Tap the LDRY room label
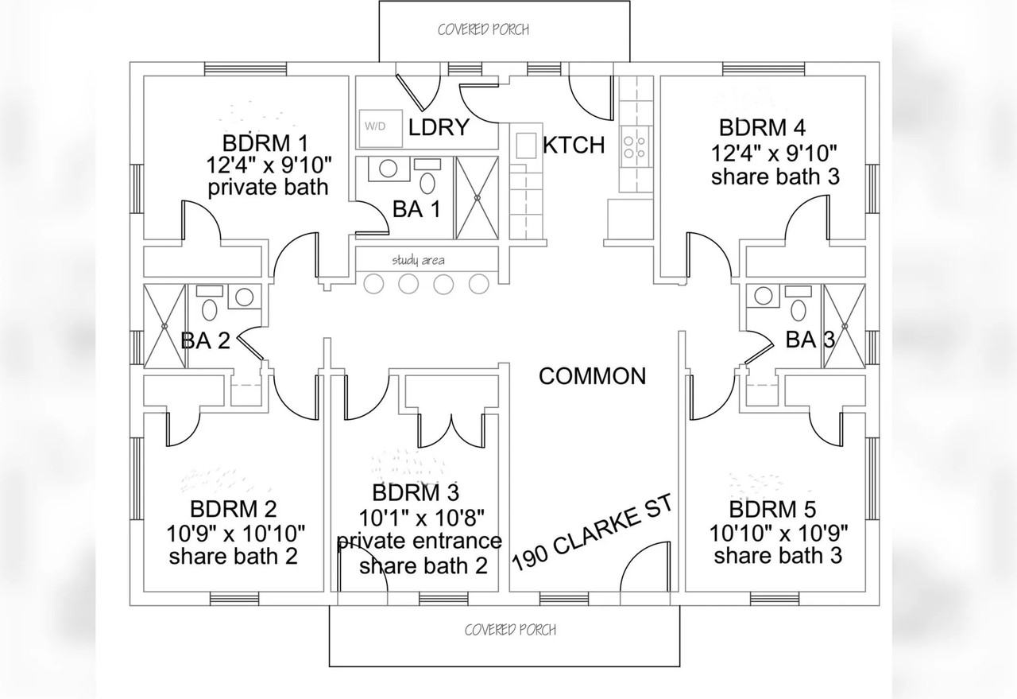pos(439,127)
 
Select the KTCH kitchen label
pos(574,146)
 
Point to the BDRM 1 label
pos(265,145)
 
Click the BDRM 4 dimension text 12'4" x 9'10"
pos(775,152)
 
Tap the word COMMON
pos(592,376)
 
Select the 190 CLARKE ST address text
pos(592,533)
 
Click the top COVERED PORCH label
pos(483,30)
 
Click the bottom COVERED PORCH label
pos(510,630)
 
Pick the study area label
pos(418,260)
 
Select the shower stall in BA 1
pos(477,197)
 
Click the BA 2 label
pos(205,341)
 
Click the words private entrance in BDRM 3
pos(420,542)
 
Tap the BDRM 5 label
pos(772,509)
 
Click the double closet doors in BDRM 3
pos(450,431)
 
